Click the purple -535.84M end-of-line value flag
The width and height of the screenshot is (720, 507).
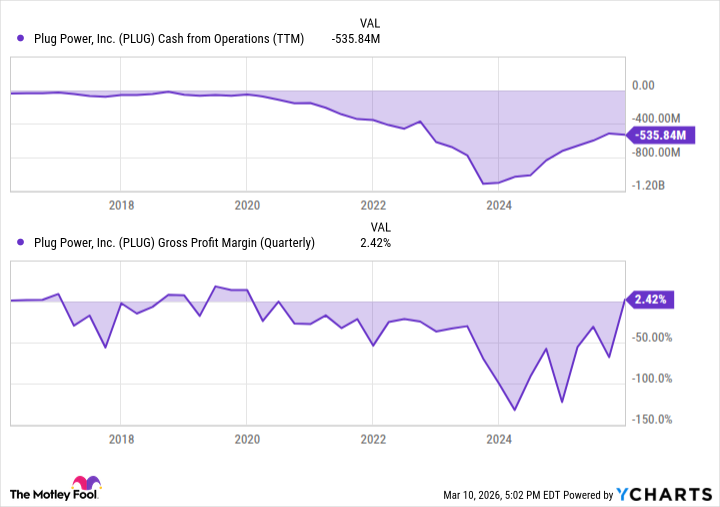click(660, 135)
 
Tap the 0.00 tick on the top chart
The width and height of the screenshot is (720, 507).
click(653, 86)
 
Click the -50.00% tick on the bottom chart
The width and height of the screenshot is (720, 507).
click(659, 337)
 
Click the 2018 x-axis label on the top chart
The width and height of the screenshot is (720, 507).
click(121, 206)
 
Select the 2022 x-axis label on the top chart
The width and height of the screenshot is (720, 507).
click(373, 206)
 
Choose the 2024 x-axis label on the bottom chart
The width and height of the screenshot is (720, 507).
click(499, 439)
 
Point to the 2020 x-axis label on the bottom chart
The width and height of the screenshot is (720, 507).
click(247, 439)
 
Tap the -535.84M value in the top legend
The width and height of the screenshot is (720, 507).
click(355, 39)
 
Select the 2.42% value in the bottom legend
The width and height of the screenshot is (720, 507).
click(374, 242)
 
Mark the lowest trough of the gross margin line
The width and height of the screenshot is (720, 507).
click(514, 410)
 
